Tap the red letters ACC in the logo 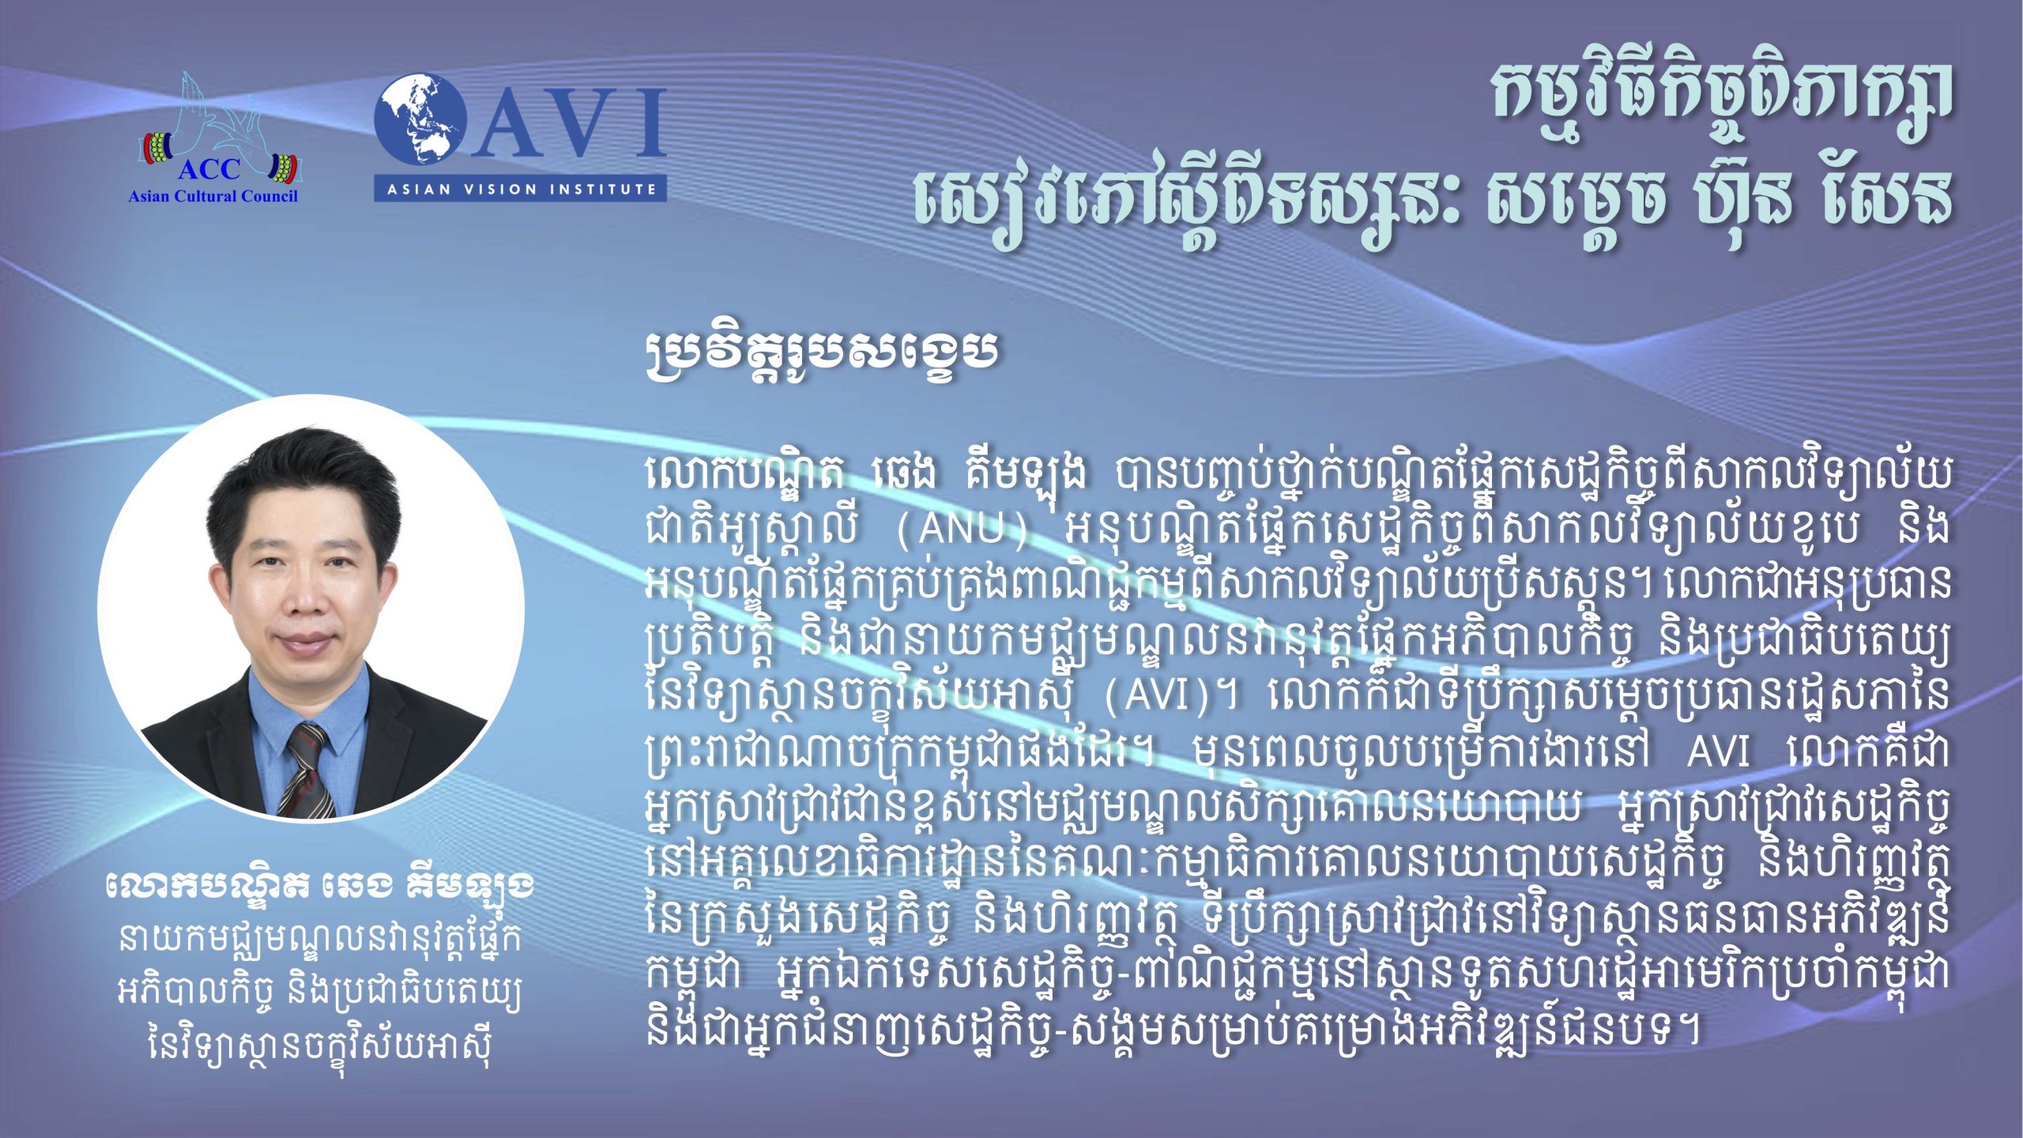209,169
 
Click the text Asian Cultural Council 213,196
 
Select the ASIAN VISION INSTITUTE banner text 520,189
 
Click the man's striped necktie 307,767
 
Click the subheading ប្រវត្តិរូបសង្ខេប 822,352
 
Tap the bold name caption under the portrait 319,891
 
